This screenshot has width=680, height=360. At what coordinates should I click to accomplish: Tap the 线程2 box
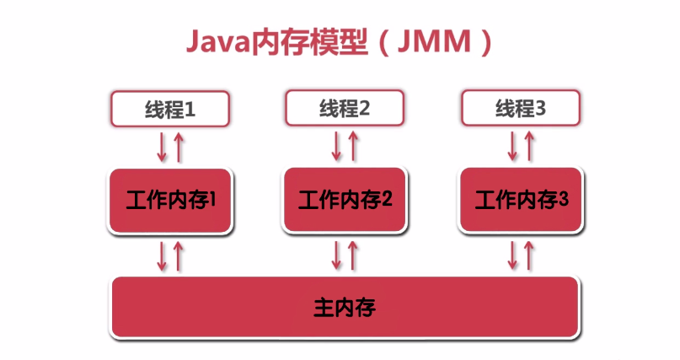coord(345,109)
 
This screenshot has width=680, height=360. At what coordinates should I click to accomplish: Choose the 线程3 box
coord(520,109)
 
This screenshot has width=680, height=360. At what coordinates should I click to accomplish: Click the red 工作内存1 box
coord(171,201)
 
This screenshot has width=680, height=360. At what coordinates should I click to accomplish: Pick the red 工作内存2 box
coord(345,200)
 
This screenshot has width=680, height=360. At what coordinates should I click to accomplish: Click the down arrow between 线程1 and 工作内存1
coord(162,146)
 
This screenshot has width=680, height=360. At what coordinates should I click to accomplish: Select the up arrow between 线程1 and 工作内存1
coord(179,146)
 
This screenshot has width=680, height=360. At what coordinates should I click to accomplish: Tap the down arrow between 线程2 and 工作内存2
coord(337,146)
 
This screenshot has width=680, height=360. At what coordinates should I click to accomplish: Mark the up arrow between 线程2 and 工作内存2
coord(354,146)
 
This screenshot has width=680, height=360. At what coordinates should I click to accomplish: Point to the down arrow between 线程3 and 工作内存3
coord(512,146)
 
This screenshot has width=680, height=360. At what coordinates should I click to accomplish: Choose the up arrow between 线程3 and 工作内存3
coord(529,146)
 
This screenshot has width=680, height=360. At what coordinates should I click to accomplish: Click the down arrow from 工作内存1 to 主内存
coord(162,255)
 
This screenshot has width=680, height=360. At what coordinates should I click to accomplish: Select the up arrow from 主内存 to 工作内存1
coord(179,255)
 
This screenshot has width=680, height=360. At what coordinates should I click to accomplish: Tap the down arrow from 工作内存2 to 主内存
coord(337,255)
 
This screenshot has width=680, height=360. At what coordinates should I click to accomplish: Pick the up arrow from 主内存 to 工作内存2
coord(354,255)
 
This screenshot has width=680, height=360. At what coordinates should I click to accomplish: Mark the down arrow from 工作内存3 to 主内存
coord(512,255)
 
